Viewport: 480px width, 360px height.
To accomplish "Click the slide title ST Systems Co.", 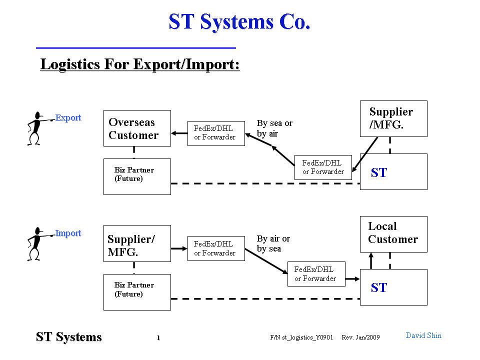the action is tap(239, 22).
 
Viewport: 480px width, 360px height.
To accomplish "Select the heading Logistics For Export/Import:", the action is tap(140, 64).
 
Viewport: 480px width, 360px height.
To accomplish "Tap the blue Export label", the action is tap(68, 118).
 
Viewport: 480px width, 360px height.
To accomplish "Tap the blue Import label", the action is tap(68, 233).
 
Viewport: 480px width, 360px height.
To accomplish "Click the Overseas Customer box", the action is tap(137, 128).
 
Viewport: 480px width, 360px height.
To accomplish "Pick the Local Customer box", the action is tap(393, 234).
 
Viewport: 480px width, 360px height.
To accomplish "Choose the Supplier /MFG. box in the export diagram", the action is tap(393, 119).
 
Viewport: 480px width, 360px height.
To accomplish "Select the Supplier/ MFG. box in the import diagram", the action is tap(137, 243).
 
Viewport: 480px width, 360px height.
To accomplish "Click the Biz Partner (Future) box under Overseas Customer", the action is tap(137, 176).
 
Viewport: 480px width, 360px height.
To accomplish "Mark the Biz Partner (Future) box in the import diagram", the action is tap(137, 292).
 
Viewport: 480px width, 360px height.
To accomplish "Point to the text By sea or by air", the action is tap(274, 128).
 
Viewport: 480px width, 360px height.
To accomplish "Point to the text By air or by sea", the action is tap(273, 243).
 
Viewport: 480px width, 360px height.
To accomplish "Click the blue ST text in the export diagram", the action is tap(379, 172).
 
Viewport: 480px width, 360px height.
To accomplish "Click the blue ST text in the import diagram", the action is tap(379, 288).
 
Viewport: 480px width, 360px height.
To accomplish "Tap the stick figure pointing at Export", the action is tap(38, 128).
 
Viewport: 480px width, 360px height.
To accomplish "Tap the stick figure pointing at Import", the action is tap(38, 243).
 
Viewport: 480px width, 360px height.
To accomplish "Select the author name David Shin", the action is tap(423, 335).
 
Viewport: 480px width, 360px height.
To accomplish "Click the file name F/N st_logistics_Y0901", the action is tap(301, 337).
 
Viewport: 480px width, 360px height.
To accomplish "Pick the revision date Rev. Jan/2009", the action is tap(360, 337).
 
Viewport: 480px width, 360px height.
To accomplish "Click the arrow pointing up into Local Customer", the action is tap(371, 261).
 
